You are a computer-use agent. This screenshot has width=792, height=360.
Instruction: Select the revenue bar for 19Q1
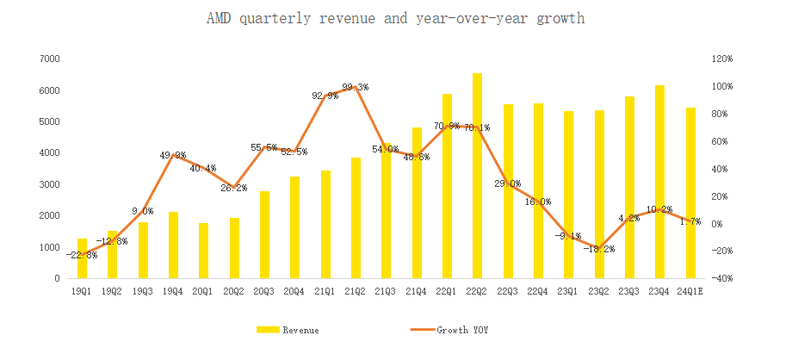click(83, 258)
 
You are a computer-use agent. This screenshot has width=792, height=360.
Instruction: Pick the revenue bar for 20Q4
click(295, 227)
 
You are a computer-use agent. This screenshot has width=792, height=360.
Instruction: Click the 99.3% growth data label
click(356, 87)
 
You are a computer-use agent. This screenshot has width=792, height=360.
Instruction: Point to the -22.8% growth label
click(81, 255)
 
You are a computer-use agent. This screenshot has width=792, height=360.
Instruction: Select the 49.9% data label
click(173, 156)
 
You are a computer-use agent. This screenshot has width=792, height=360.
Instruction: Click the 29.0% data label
click(508, 183)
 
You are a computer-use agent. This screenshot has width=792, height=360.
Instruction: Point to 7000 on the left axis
click(49, 59)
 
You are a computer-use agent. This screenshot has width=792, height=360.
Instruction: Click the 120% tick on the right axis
click(721, 59)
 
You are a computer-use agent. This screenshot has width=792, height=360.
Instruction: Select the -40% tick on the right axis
click(721, 279)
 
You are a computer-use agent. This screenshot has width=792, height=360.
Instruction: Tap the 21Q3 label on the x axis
click(386, 292)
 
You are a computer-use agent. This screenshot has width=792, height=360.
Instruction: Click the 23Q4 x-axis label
click(659, 292)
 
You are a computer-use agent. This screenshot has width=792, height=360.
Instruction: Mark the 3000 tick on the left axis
click(49, 184)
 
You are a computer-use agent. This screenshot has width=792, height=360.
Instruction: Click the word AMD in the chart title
click(219, 18)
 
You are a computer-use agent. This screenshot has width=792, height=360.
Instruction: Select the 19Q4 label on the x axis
click(173, 292)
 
